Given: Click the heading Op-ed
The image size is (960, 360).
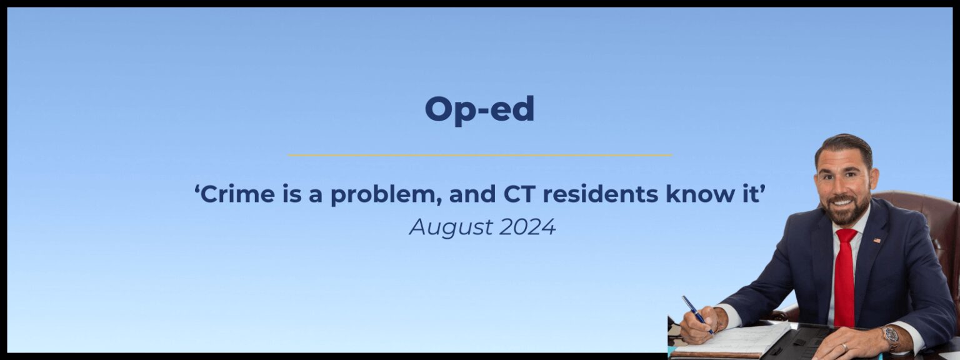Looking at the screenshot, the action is (x=479, y=110).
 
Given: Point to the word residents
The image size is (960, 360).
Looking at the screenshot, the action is (x=600, y=194).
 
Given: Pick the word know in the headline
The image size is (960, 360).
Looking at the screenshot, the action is (x=697, y=194).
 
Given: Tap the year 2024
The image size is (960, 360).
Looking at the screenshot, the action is (x=527, y=227).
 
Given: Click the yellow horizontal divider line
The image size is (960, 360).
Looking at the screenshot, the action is (x=479, y=155).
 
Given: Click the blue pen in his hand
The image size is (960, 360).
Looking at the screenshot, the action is (x=697, y=315).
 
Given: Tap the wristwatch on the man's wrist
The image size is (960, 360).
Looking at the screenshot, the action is (x=891, y=339).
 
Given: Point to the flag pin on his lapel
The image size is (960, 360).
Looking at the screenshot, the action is (x=877, y=241).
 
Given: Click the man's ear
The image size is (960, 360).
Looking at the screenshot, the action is (x=874, y=179).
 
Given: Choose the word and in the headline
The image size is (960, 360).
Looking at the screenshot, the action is (x=472, y=194).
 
